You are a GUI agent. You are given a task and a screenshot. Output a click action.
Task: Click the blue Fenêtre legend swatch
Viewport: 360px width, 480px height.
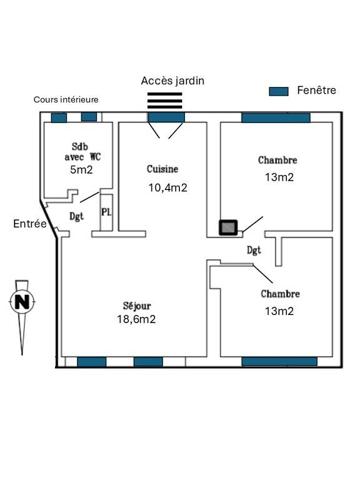[278, 91]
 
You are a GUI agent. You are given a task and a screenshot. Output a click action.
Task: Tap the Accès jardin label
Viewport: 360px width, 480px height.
[172, 81]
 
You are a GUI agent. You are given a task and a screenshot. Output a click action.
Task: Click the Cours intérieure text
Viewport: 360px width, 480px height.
[66, 99]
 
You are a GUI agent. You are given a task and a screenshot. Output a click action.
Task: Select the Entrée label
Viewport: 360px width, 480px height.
[30, 224]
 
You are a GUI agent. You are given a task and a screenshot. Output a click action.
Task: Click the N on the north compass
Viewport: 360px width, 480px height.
[23, 303]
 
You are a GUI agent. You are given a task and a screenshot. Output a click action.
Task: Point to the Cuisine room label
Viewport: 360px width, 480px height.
[162, 169]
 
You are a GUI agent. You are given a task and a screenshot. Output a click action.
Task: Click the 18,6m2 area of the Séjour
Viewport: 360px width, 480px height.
[136, 319]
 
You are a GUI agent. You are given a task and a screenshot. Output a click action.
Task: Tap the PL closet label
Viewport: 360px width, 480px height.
[106, 212]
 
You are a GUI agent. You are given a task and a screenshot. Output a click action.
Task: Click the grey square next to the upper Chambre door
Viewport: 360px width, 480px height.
[228, 227]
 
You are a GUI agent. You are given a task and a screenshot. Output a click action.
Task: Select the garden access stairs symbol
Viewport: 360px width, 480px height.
[165, 100]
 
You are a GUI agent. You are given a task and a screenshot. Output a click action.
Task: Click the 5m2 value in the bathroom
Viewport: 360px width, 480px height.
[81, 170]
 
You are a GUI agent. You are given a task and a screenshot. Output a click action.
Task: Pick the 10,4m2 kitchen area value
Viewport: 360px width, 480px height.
[168, 188]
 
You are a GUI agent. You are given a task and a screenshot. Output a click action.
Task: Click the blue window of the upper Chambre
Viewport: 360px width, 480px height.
[276, 118]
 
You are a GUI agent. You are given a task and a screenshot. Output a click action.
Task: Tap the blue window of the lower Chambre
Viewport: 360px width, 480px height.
[279, 362]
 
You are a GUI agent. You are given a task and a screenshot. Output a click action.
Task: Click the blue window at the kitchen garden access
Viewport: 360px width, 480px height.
[166, 117]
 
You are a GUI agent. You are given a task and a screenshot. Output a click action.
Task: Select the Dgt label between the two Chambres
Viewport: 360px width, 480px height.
[254, 250]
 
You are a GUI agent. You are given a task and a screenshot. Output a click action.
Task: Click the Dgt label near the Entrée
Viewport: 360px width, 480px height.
[76, 216]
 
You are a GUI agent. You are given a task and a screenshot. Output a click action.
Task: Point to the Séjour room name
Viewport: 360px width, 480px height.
[137, 306]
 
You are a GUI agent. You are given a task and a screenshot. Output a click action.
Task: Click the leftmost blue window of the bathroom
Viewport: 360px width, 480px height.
[59, 117]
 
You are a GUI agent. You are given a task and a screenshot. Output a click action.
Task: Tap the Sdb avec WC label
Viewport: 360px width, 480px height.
[82, 152]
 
